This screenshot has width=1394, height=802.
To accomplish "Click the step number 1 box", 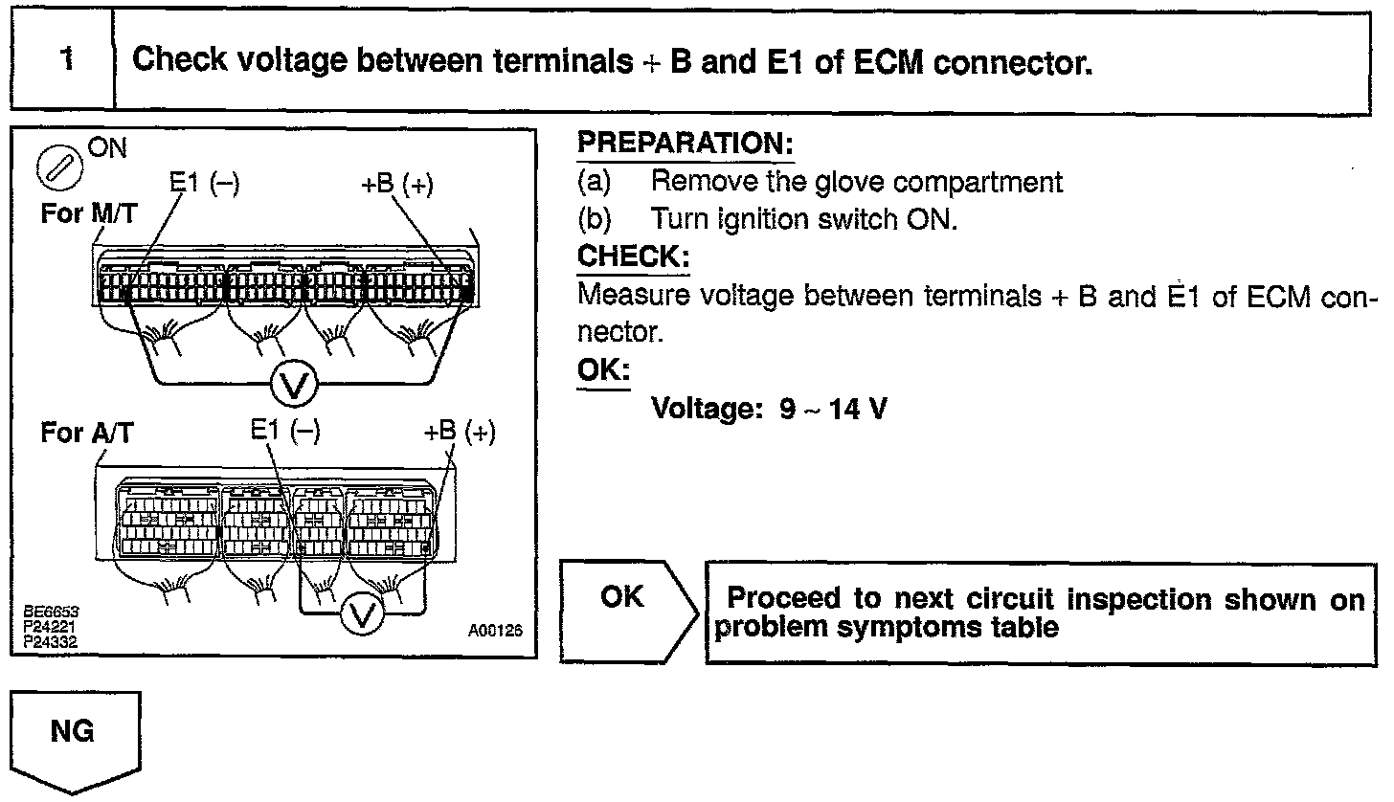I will coord(64,61).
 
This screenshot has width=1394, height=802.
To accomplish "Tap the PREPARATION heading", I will coord(686,145).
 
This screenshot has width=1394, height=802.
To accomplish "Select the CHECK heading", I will coord(633,257).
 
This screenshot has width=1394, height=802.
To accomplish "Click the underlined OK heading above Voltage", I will coord(603,370).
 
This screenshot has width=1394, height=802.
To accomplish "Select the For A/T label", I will coord(86,433).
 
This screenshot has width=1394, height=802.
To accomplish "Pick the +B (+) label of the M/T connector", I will coord(397,185).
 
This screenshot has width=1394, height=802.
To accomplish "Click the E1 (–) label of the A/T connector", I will coord(285,432).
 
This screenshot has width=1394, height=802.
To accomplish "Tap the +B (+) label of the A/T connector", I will coord(460,432).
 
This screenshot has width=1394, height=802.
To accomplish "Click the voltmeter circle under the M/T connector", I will coord(295,385).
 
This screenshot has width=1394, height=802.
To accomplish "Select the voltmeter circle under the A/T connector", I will coord(361,614).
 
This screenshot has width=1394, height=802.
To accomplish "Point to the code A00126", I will coord(494,633).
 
